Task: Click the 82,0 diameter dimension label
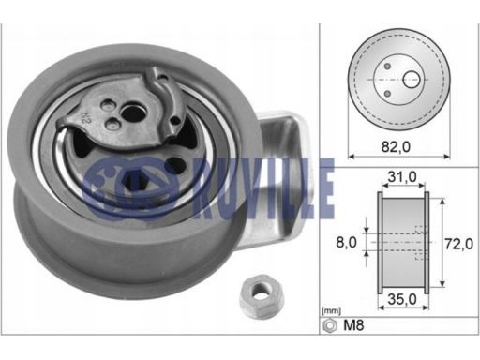tap(396, 146)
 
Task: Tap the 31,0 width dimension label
tap(402, 177)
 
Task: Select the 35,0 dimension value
tap(402, 299)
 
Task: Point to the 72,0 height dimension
tap(458, 244)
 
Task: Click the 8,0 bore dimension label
tap(346, 242)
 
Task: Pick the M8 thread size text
tap(353, 325)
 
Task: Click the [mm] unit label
tap(331, 311)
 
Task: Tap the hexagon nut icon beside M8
tap(330, 325)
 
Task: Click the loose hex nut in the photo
tap(262, 295)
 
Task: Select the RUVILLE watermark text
tap(264, 189)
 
